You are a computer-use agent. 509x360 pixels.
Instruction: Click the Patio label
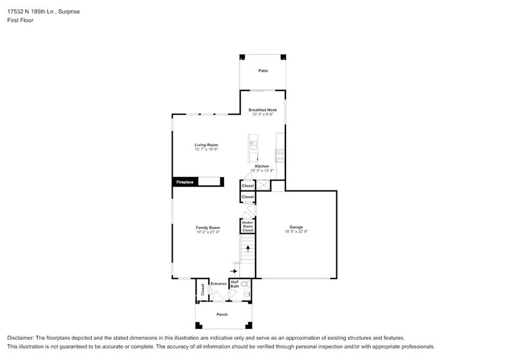pyautogui.click(x=263, y=71)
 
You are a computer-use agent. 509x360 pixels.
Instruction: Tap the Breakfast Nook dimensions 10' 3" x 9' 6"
pyautogui.click(x=263, y=114)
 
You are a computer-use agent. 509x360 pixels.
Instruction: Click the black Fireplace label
pyautogui.click(x=185, y=182)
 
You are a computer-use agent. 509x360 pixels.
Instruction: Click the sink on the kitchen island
pyautogui.click(x=252, y=144)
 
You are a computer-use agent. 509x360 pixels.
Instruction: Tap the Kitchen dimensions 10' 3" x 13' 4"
pyautogui.click(x=262, y=170)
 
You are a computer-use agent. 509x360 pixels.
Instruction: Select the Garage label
pyautogui.click(x=296, y=227)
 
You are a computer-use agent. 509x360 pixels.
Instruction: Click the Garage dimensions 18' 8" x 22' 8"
pyautogui.click(x=296, y=231)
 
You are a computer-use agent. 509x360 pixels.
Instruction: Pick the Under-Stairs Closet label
pyautogui.click(x=247, y=225)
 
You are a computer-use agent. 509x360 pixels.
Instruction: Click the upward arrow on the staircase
pyautogui.click(x=247, y=248)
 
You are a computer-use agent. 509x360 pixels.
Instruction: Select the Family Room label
pyautogui.click(x=208, y=227)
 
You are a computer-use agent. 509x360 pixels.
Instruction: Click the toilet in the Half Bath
pyautogui.click(x=245, y=284)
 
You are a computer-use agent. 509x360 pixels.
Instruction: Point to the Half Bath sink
pyautogui.click(x=248, y=294)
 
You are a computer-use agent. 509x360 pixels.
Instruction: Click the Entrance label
pyautogui.click(x=218, y=284)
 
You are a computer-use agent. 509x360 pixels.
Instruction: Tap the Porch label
pyautogui.click(x=222, y=315)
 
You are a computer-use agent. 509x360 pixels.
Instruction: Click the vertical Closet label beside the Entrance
pyautogui.click(x=203, y=290)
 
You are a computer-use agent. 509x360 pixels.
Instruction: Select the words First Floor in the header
pyautogui.click(x=21, y=20)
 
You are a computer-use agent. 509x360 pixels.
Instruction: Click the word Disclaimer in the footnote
pyautogui.click(x=21, y=338)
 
